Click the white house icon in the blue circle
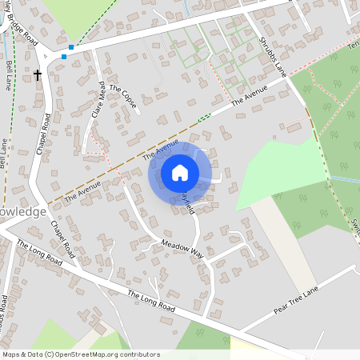click(180, 172)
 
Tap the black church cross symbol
click(38, 75)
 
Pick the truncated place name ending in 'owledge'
click(23, 212)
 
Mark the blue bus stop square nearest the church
click(64, 58)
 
